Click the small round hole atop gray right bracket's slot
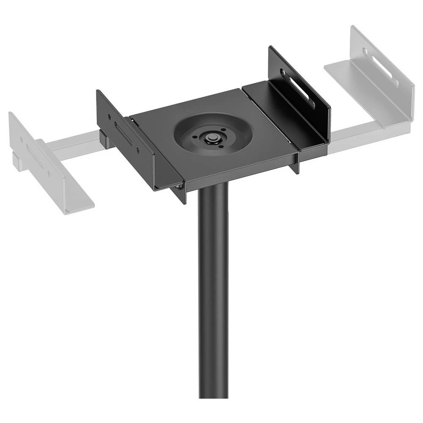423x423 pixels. pos(365,51)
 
